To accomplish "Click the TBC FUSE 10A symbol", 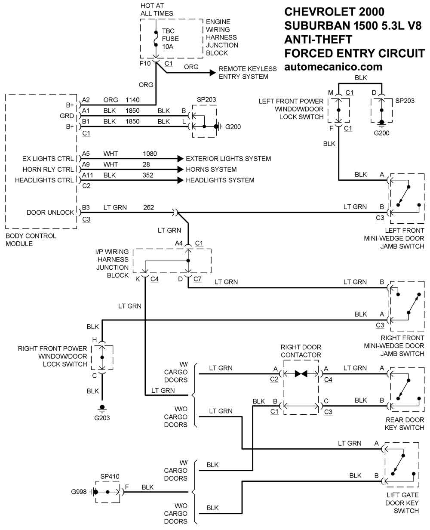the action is pos(156,39).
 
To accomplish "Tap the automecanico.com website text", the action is pos(333,67).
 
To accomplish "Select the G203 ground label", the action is pos(102,418).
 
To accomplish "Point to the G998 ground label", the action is pos(79,492).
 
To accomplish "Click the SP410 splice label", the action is pos(110,476).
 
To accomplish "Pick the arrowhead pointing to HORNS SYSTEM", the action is pos(180,169).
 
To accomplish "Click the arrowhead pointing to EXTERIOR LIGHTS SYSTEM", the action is pos(180,158).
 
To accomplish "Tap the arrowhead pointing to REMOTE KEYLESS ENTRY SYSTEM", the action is pos(213,73).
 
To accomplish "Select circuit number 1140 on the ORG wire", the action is pos(132,100).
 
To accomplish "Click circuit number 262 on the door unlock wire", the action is pos(148,207).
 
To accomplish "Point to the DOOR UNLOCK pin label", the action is pos(50,212).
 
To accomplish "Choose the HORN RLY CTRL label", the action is pos(48,169).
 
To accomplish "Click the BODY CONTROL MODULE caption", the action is pos(31,240).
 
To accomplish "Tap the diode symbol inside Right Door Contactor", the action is pos(301,373).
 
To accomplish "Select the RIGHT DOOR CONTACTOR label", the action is pos(301,351).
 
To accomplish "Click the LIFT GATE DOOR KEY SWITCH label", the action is pos(402,502).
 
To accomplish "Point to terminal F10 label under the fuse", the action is pos(145,63).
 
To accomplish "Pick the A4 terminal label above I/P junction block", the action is pos(178,243).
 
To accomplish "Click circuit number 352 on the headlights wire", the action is pos(148,175).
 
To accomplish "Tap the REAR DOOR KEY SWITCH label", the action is pos(404,423).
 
